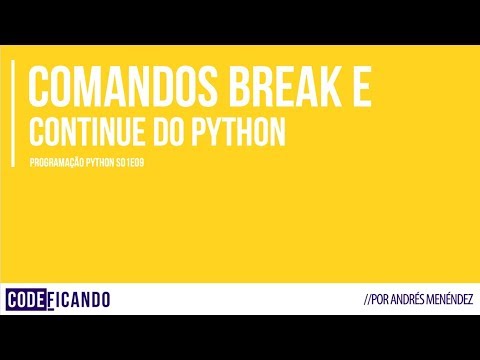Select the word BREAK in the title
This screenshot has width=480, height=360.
293,87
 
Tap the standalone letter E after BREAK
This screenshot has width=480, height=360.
362,87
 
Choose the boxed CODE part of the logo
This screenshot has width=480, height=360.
29,299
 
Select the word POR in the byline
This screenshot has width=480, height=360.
386,301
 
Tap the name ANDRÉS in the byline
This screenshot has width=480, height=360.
414,301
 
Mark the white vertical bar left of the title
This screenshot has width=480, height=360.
13,110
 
